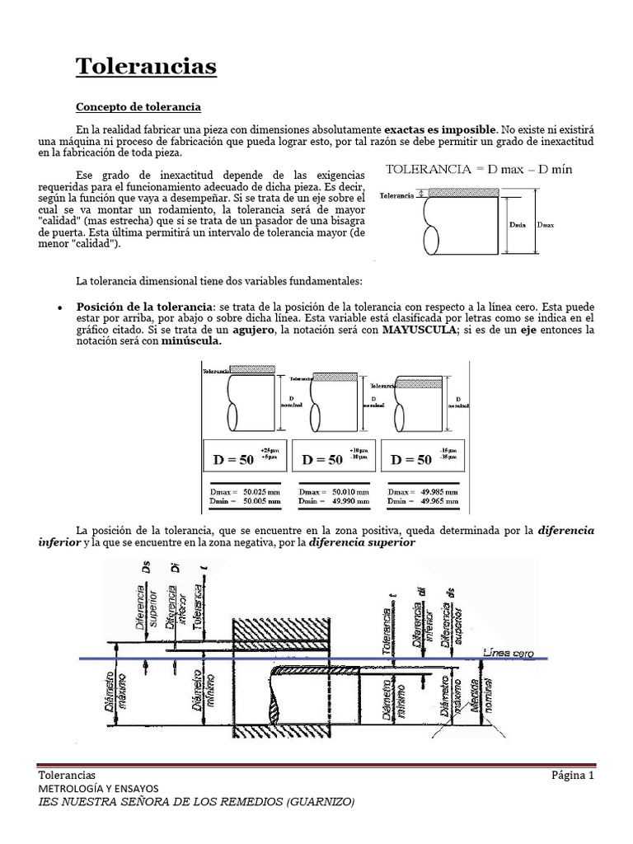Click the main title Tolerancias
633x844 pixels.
click(147, 65)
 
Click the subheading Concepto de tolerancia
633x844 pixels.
click(138, 107)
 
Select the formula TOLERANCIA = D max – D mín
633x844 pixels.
click(480, 169)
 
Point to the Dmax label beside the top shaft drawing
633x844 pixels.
click(545, 223)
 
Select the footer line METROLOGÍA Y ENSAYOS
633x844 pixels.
click(104, 788)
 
